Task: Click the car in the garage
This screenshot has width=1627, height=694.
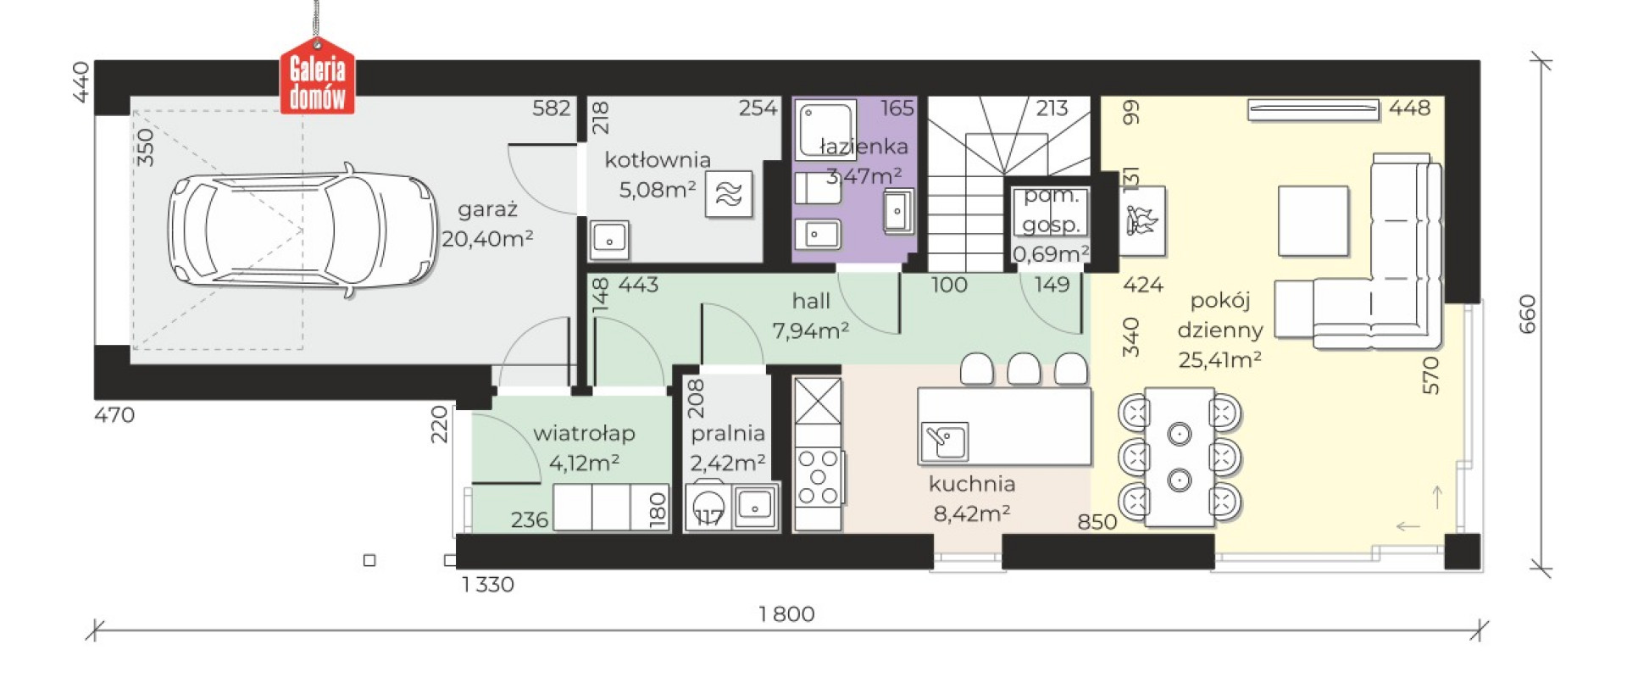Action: click(303, 230)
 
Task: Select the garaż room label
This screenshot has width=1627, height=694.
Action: click(487, 210)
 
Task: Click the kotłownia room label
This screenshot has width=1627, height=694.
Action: click(658, 159)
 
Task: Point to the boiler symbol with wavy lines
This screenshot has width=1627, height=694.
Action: click(729, 195)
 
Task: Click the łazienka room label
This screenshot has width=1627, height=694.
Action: click(863, 147)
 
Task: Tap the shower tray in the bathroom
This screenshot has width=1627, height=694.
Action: click(825, 130)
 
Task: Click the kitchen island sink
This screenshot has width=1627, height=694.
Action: click(945, 440)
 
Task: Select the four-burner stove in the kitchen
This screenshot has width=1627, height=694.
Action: click(818, 477)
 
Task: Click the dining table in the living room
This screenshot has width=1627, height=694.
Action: click(1180, 458)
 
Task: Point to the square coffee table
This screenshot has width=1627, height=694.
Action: click(1313, 220)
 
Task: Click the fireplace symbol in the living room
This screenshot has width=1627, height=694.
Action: click(1142, 220)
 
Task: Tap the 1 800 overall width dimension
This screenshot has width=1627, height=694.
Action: click(786, 613)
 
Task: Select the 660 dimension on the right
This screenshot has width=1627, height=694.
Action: click(1527, 314)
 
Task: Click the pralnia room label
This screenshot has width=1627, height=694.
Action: click(728, 434)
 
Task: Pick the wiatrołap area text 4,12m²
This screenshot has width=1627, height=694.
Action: click(584, 463)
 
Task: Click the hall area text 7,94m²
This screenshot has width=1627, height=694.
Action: click(811, 330)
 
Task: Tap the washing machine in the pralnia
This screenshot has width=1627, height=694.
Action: click(708, 507)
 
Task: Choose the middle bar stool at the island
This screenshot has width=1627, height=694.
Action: click(1024, 369)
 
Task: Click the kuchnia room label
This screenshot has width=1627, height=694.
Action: click(972, 484)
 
